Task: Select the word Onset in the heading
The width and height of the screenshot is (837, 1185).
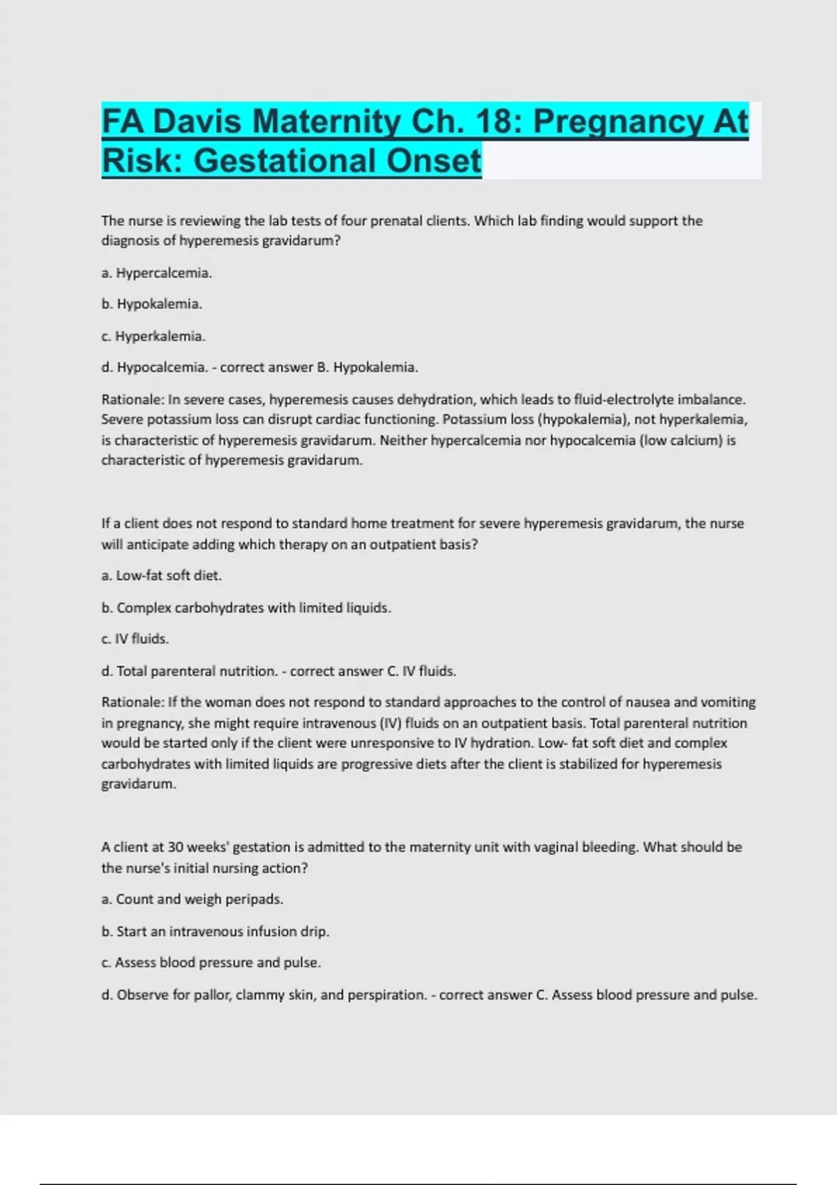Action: point(434,160)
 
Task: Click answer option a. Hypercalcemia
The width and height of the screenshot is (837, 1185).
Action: point(157,273)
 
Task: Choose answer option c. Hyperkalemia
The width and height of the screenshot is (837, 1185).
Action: point(153,336)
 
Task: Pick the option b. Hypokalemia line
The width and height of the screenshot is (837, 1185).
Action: point(152,304)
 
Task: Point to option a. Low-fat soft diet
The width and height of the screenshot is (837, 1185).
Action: point(162,576)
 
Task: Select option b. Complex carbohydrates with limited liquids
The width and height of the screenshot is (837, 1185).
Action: point(246,608)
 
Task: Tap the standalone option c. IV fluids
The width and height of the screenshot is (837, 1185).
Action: point(135,639)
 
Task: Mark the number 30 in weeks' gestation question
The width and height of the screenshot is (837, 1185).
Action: point(175,848)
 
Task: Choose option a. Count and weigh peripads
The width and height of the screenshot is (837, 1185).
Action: point(193,899)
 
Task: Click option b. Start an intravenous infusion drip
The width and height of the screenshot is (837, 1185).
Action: point(216,931)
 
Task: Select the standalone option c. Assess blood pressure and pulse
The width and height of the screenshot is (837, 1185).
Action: point(211,963)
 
